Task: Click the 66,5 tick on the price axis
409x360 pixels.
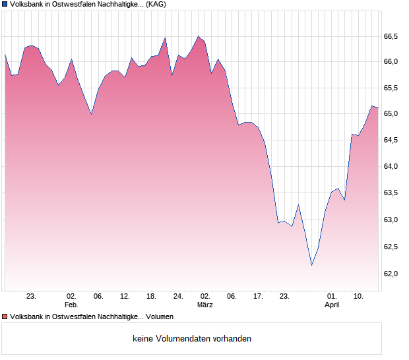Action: pos(392,36)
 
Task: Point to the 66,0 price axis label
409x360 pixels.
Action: pos(392,62)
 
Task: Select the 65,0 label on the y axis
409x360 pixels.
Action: pos(392,114)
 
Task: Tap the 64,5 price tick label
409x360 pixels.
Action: pos(392,140)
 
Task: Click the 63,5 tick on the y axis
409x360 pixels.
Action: pos(392,193)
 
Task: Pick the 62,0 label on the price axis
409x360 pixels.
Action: pos(392,274)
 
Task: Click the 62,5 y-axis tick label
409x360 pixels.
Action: pos(392,247)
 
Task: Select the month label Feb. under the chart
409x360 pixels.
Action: pos(71,305)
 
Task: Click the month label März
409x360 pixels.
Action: pos(204,305)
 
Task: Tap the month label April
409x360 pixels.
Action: pos(332,305)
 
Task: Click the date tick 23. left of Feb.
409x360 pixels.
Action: pos(31,297)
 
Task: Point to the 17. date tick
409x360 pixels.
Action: pos(258,297)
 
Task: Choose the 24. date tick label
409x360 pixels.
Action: pos(178,297)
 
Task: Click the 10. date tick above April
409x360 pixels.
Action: pos(358,297)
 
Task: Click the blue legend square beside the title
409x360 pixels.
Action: pos(5,4)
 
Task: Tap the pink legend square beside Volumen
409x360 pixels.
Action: pos(5,316)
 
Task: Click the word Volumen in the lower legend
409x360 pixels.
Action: pos(160,316)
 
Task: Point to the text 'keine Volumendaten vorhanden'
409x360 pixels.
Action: pos(192,338)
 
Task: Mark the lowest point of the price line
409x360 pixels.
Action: pos(311,265)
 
